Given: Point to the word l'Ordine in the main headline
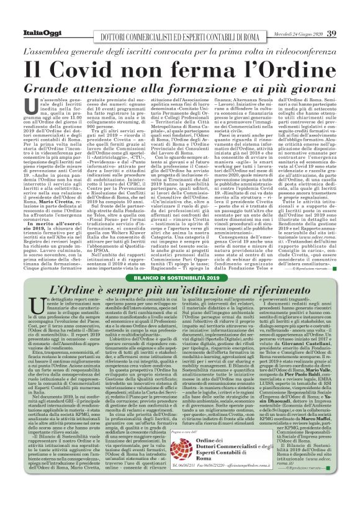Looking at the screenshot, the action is coord(286,69).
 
